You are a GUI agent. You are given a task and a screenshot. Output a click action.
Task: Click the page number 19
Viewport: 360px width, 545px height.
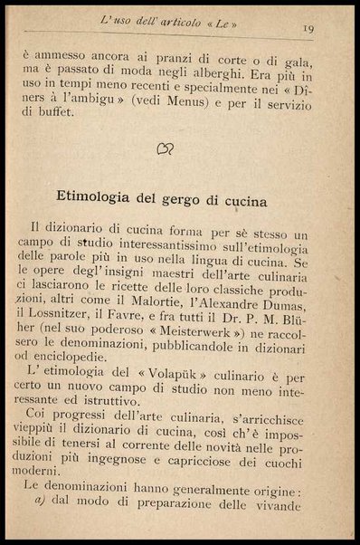point(308,28)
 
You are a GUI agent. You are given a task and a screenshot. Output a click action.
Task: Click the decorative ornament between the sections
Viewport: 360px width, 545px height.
point(165,148)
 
